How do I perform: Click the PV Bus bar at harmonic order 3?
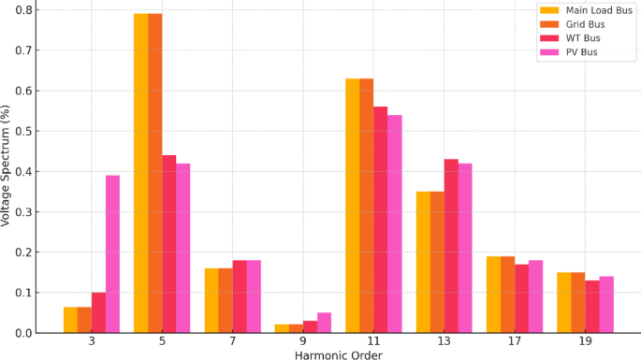click(112, 253)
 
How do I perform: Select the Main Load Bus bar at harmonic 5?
click(141, 173)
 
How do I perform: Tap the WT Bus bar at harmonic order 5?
click(169, 244)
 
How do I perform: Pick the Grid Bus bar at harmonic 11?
click(367, 206)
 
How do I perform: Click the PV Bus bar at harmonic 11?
click(395, 223)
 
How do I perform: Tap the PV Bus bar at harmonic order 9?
click(324, 323)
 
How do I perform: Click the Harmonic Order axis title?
click(338, 354)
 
